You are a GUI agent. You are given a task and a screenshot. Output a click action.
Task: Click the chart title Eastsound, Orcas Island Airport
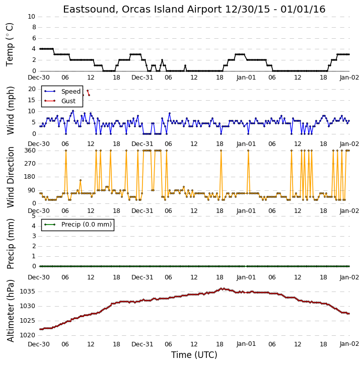point(142,10)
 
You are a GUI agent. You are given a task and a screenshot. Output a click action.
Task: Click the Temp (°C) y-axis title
point(10,44)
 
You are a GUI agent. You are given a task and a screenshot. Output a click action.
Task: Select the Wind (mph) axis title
point(10,110)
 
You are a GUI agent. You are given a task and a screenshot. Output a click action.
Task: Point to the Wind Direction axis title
point(10,177)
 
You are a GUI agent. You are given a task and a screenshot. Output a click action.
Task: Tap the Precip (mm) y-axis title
point(10,244)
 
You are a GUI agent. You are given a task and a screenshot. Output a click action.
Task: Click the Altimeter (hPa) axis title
point(10,311)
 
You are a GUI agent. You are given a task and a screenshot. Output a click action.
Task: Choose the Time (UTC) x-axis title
point(194,355)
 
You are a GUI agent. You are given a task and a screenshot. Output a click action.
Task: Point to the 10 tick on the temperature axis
point(31,17)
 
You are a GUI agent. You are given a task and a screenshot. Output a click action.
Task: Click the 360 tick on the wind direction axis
point(30,151)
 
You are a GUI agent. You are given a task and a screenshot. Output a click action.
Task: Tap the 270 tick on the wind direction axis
point(30,164)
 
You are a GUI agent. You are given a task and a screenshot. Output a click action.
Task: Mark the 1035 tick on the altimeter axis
point(28,291)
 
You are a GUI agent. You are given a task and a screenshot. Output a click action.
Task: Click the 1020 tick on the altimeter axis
point(28,335)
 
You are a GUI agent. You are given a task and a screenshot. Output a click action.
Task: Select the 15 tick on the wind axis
point(32,100)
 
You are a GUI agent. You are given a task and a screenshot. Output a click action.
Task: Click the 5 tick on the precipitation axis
point(34,216)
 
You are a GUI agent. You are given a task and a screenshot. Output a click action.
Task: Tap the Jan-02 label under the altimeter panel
point(349,344)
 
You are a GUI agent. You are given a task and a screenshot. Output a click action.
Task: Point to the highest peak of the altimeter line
point(222,288)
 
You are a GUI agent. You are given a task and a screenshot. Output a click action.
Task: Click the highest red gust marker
point(88,91)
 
